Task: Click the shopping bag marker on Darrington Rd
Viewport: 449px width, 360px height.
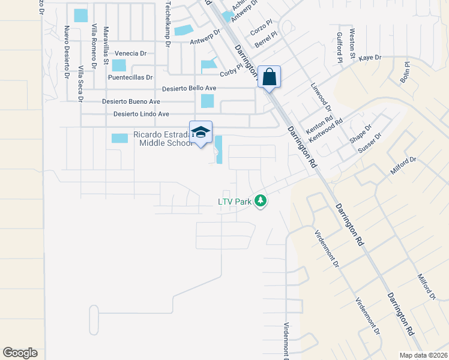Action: (270, 77)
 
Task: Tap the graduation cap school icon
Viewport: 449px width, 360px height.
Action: (200, 133)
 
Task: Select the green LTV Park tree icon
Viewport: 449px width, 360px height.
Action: (260, 201)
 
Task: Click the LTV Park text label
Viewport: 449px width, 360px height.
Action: (234, 202)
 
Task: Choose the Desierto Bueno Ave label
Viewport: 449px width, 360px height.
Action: (131, 101)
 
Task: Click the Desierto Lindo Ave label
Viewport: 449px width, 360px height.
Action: (141, 114)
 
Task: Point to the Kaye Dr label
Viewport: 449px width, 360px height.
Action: (370, 58)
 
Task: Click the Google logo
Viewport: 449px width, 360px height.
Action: (20, 353)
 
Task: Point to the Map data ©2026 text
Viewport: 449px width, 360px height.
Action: (423, 355)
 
